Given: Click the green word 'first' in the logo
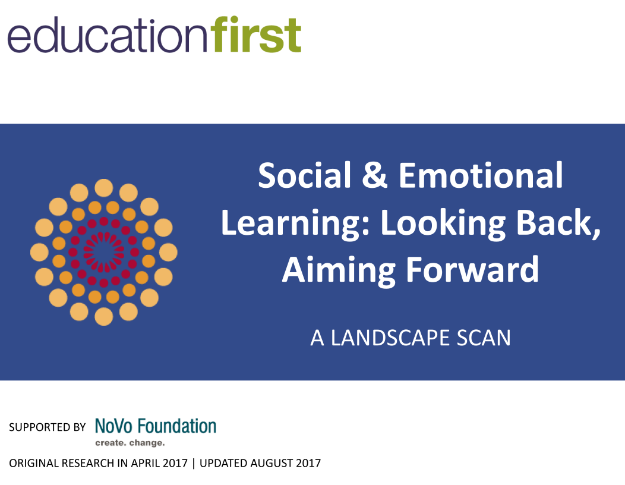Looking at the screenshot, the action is point(257,34).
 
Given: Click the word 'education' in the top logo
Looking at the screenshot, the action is point(108,35).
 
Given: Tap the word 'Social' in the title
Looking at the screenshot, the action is point(304,175).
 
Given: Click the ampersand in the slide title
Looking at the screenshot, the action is point(374,175).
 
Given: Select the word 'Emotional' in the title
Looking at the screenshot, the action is point(481,175).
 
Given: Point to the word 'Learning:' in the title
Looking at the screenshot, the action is point(296,224).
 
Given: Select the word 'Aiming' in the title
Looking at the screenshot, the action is point(339,271).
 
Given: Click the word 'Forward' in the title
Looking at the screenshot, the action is point(472,269).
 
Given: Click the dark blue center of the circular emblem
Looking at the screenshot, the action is point(103,252).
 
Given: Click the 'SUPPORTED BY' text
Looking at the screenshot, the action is point(47,427).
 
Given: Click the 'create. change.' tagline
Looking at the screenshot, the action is point(130,443).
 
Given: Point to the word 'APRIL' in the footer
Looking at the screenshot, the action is point(147,463).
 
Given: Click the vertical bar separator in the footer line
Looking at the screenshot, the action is point(194,463).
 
